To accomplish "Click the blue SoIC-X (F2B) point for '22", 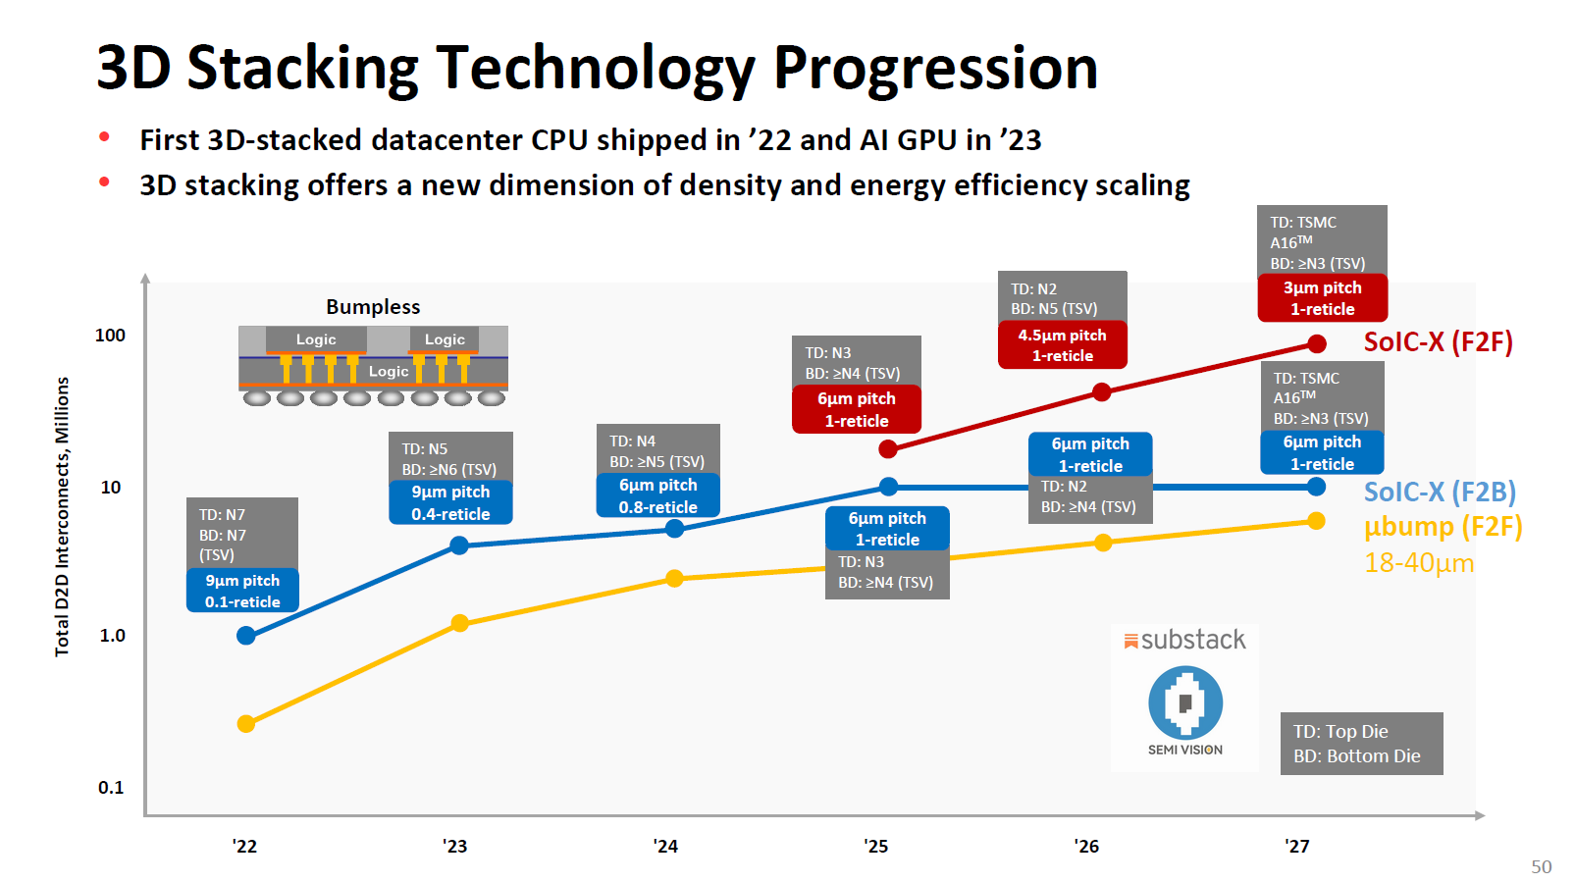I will [x=246, y=636].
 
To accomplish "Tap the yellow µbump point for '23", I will [x=459, y=623].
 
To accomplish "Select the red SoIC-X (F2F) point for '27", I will [x=1317, y=343].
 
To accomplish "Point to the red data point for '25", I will [x=888, y=448].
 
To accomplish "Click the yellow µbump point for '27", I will [x=1317, y=521].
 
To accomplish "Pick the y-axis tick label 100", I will [x=110, y=336].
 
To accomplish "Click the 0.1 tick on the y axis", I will [x=111, y=788].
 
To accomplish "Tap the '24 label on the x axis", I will [x=665, y=847].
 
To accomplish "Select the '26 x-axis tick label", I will [x=1086, y=847].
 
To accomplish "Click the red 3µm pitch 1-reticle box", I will [x=1322, y=298].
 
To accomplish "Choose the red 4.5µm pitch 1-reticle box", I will [x=1062, y=345].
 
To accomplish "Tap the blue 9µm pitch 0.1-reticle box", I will [x=242, y=591].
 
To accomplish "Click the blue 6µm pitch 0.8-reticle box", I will [x=657, y=495].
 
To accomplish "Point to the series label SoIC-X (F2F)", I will [x=1438, y=342].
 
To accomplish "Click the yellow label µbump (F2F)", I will [x=1443, y=527].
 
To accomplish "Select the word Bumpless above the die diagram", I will [x=373, y=307].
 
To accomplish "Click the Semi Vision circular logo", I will [x=1185, y=702].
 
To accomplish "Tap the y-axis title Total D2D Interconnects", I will [x=62, y=517].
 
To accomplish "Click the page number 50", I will [x=1541, y=867].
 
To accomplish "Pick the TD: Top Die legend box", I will [x=1361, y=744].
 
